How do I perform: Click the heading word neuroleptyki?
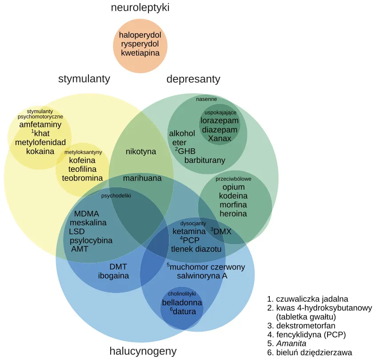140,8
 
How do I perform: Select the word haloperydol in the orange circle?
140,35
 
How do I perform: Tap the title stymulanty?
84,79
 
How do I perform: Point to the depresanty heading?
193,79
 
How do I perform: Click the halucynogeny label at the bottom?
143,352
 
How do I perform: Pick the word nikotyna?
141,151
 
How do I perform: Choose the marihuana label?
142,178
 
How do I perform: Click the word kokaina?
40,151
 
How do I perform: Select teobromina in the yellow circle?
82,178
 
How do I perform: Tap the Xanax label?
220,138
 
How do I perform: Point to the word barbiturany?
205,160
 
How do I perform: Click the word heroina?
233,214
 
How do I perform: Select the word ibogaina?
113,276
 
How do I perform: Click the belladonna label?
182,303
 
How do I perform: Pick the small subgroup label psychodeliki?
116,195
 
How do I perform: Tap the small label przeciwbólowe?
233,179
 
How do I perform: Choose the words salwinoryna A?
202,276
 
